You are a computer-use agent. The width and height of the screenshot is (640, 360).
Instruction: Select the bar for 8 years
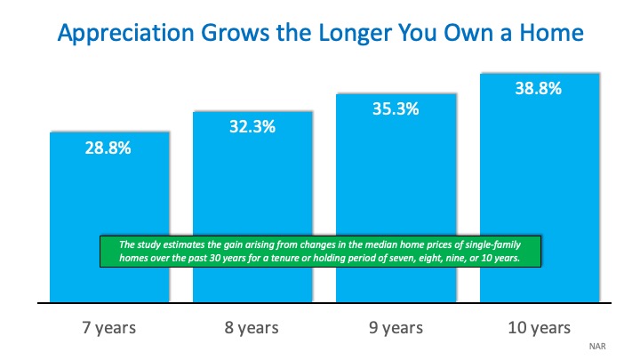[252, 187]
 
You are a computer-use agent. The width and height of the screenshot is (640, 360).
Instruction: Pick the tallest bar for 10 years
[539, 160]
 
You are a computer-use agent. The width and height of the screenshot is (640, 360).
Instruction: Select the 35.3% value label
[396, 111]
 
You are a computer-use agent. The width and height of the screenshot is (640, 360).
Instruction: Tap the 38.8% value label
[539, 90]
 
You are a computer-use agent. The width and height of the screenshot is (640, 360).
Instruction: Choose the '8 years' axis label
[252, 328]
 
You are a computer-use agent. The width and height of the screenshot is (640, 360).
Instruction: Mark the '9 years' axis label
[396, 328]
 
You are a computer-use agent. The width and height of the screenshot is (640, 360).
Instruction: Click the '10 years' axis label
[539, 328]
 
